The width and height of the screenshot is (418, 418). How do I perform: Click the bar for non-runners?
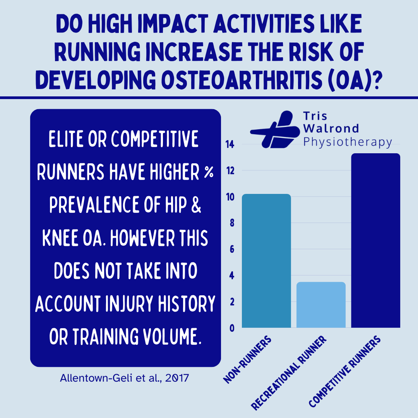(x=266, y=261)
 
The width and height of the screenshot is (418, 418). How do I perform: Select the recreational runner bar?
(x=321, y=305)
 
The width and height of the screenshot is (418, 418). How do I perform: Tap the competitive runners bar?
(x=375, y=240)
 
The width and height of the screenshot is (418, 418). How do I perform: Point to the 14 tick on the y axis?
(x=230, y=144)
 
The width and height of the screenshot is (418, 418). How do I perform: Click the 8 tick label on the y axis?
(x=232, y=223)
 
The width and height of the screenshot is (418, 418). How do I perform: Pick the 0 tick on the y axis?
(x=232, y=328)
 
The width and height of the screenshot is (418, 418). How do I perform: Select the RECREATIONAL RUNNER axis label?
(x=289, y=373)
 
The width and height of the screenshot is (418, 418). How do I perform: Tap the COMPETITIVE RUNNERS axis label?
(x=345, y=371)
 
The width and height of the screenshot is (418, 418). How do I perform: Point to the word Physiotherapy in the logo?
(x=348, y=142)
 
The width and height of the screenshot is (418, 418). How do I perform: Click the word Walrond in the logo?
(x=331, y=128)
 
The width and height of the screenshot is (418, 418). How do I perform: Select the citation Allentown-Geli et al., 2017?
(x=125, y=378)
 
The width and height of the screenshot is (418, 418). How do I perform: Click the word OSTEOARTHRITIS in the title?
(x=242, y=80)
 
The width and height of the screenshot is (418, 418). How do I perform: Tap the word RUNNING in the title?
(x=97, y=52)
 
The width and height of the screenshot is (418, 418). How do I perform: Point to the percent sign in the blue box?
(x=209, y=172)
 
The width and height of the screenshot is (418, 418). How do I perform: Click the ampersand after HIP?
(x=196, y=205)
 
